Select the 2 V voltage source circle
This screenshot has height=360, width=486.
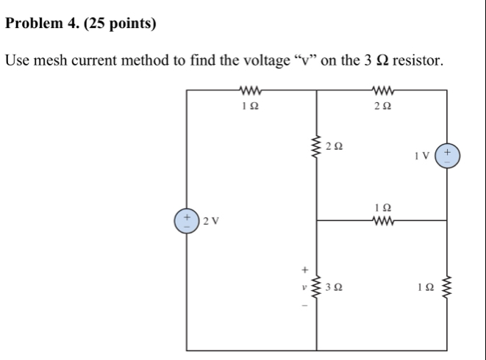click(x=187, y=220)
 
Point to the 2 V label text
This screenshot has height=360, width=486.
click(x=212, y=220)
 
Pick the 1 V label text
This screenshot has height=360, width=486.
click(x=424, y=156)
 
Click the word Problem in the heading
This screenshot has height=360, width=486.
click(x=34, y=24)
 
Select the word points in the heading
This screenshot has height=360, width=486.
click(x=132, y=24)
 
